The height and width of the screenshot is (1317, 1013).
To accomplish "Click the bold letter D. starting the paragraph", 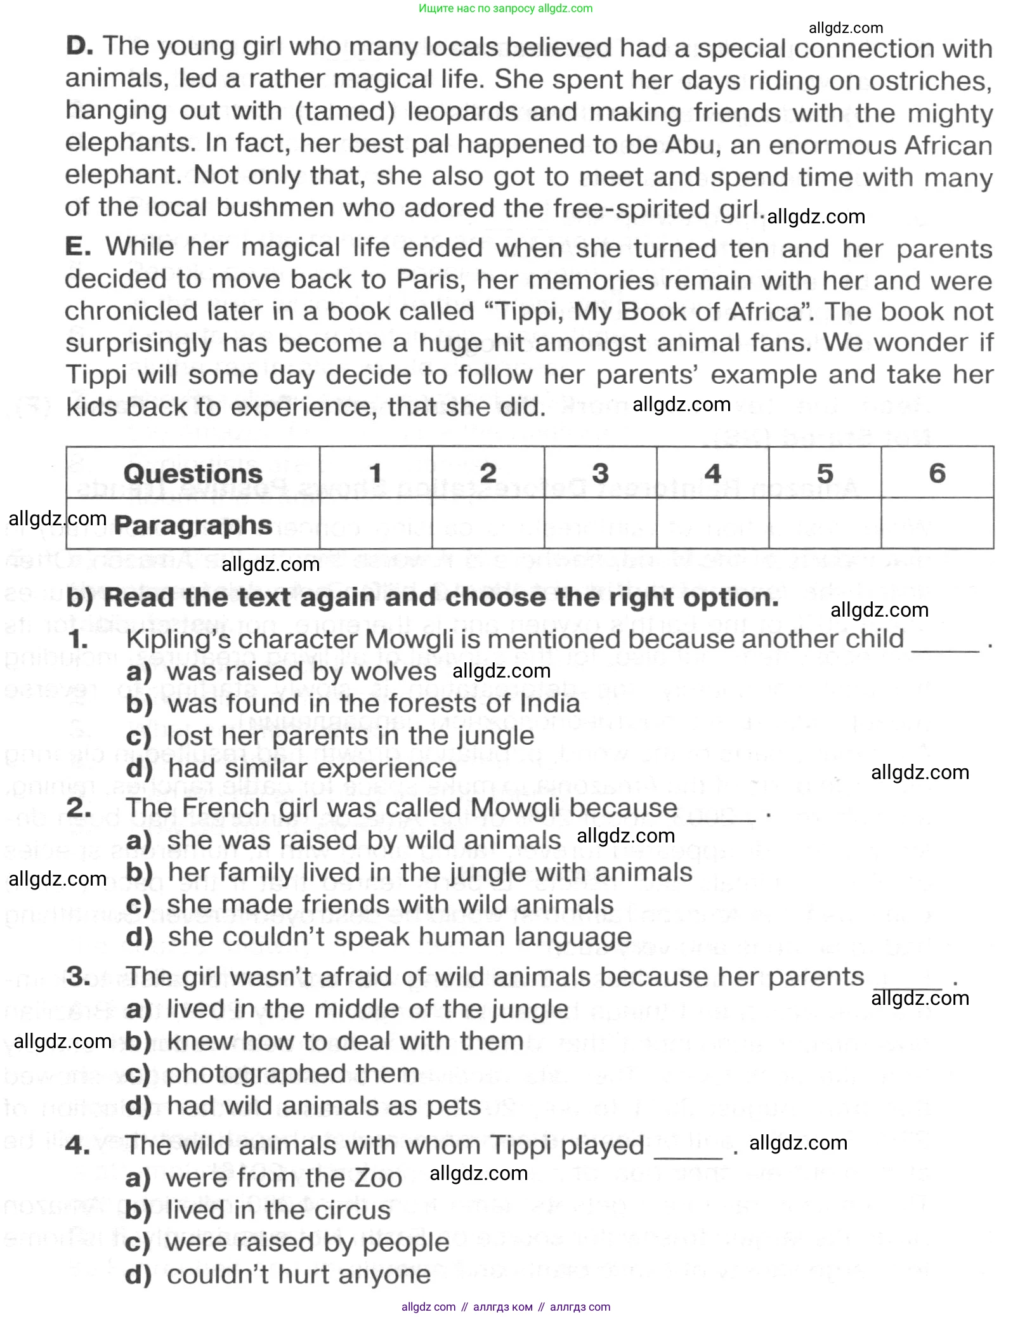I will tap(79, 46).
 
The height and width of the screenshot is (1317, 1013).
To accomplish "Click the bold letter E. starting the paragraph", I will tap(78, 246).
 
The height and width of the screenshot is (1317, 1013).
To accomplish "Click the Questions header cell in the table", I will tap(193, 473).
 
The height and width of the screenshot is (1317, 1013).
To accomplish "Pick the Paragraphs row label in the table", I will tap(193, 525).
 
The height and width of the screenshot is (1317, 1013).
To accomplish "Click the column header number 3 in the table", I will tap(600, 473).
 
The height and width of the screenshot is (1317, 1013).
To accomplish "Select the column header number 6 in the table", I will tap(937, 473).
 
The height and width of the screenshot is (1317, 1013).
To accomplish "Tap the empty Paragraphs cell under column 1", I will tap(376, 523).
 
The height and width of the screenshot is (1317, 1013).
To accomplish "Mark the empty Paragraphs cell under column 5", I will tap(825, 523).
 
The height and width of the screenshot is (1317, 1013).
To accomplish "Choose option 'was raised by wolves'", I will tap(301, 671).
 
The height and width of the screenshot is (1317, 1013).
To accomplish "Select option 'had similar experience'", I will tap(311, 768).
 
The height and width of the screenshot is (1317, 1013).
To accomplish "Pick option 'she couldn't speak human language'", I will tap(399, 937).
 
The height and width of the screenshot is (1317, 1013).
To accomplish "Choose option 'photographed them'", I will tap(292, 1073).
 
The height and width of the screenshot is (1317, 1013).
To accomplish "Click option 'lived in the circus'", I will tap(278, 1210).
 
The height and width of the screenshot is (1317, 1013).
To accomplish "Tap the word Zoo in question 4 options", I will tap(378, 1178).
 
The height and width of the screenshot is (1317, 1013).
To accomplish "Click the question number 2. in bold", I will tap(79, 808).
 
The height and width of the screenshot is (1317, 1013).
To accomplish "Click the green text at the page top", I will tap(506, 8).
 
